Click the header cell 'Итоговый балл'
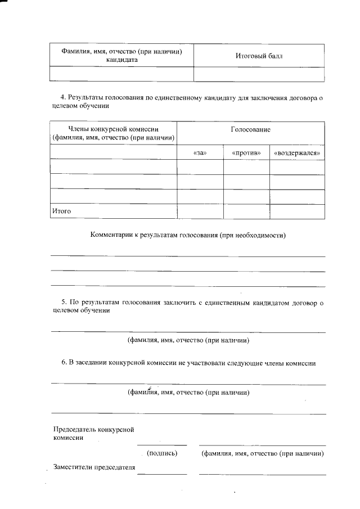point(259,56)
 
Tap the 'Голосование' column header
point(250,130)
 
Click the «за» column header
point(200,152)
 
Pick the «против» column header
point(246,152)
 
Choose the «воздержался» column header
point(296,152)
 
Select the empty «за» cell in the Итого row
point(200,211)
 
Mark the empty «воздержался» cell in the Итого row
point(296,211)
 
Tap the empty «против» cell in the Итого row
point(246,211)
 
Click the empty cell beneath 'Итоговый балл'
point(259,74)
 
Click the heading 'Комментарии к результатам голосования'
point(188,235)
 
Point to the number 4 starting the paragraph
point(64,98)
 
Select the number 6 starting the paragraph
point(64,363)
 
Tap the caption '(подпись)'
point(162,453)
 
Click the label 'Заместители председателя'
point(94,467)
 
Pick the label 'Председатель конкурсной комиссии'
point(93,434)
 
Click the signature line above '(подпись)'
point(162,445)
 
